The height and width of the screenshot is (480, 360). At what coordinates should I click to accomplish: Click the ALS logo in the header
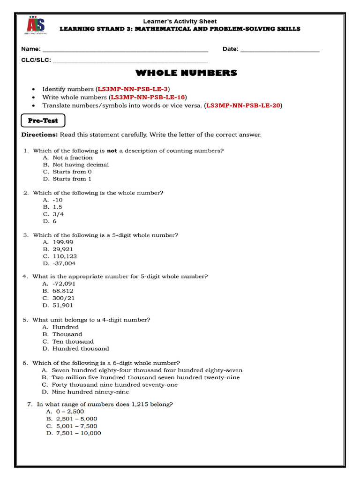coord(35,27)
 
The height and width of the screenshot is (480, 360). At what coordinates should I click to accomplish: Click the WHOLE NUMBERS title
coord(186,73)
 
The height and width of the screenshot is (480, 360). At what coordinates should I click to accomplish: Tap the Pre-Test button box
coord(43,121)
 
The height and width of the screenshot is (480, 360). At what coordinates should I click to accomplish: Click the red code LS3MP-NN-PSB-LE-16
coord(148,97)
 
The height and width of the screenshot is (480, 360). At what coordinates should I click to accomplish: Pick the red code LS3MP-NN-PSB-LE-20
coord(244,105)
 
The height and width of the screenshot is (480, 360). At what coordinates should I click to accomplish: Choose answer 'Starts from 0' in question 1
coord(72,172)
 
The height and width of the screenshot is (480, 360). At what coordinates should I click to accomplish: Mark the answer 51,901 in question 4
coord(63,305)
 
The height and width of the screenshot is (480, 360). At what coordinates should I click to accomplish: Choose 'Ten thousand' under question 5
coord(73,341)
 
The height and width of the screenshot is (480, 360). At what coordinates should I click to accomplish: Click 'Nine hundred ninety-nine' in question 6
coord(90,392)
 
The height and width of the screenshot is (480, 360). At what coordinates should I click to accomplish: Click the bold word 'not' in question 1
coord(112,150)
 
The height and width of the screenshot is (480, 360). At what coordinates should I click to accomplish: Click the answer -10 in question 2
coord(58,200)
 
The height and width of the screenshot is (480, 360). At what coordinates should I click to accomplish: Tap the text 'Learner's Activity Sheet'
coord(180,22)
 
